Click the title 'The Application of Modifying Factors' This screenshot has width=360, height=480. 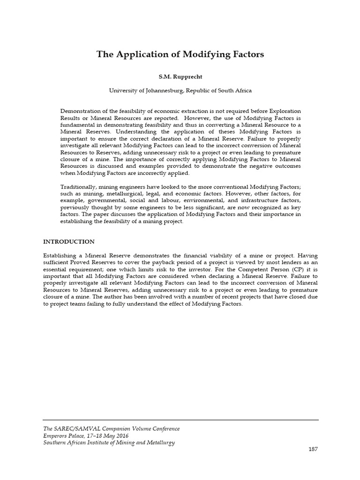pos(180,54)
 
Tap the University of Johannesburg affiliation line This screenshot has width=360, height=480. pos(180,90)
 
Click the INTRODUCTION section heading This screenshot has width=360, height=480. pos(69,241)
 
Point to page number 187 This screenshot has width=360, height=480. pos(313,449)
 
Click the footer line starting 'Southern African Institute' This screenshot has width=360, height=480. pos(109,442)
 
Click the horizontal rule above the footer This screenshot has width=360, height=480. pos(180,420)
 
